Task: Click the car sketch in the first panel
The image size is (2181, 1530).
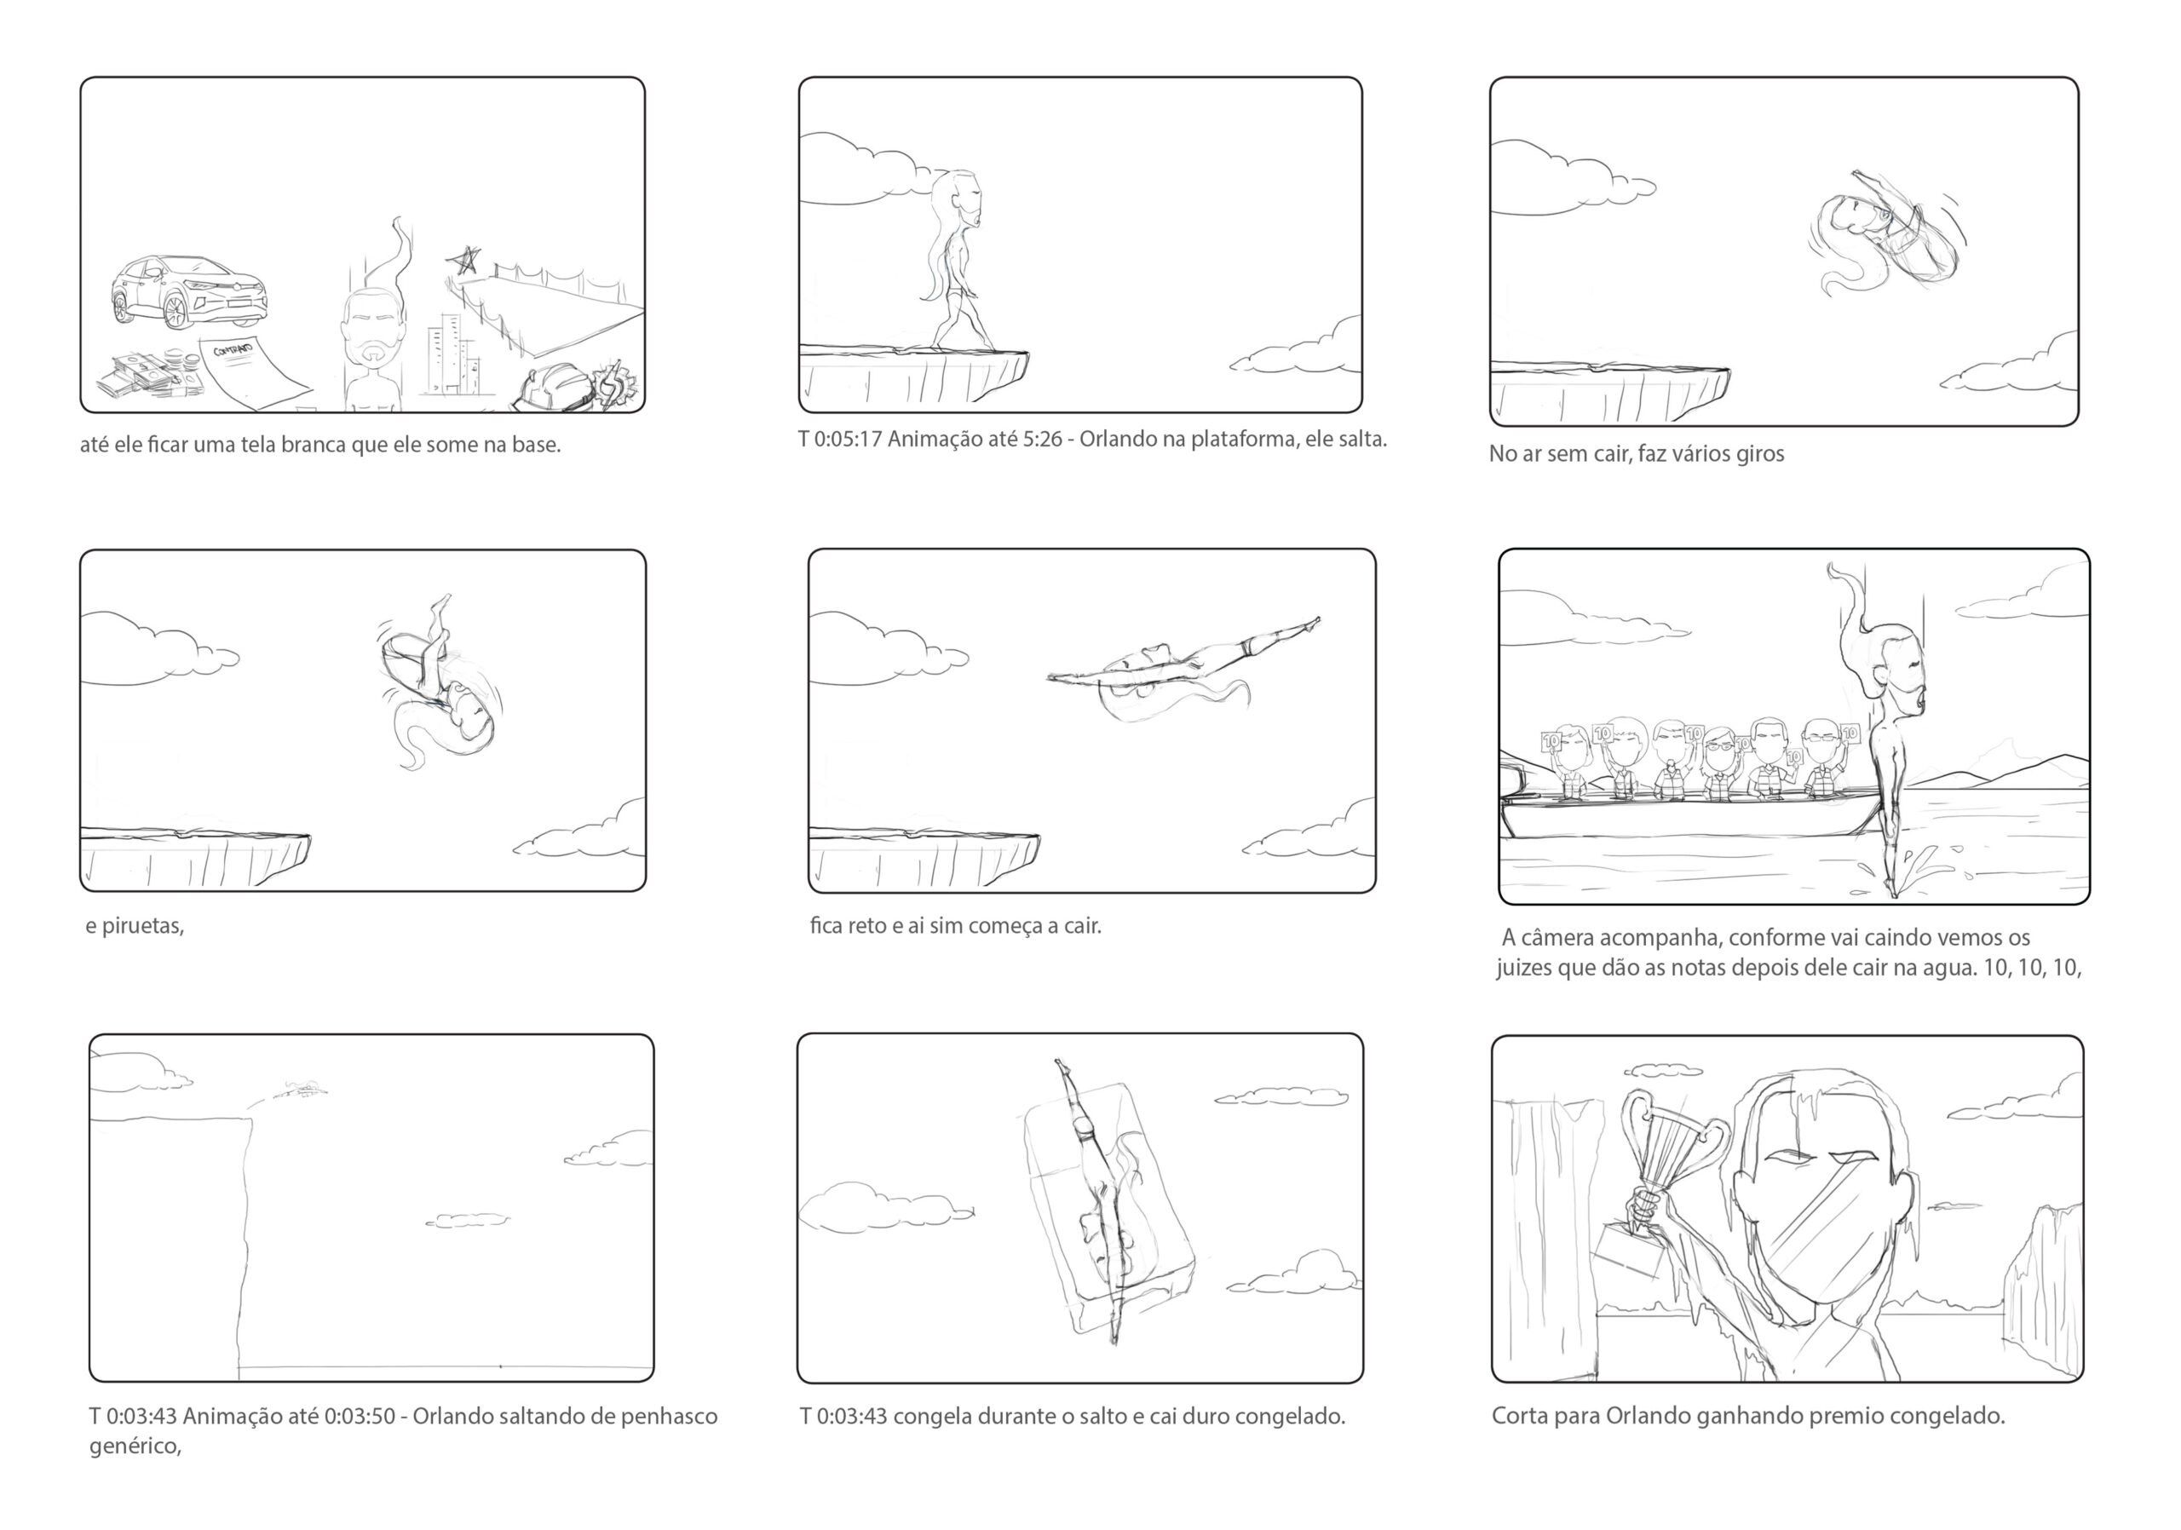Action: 187,291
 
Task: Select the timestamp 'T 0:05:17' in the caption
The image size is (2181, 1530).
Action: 841,440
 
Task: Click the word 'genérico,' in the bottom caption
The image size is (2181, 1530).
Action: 135,1447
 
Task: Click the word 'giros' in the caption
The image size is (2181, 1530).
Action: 1759,454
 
